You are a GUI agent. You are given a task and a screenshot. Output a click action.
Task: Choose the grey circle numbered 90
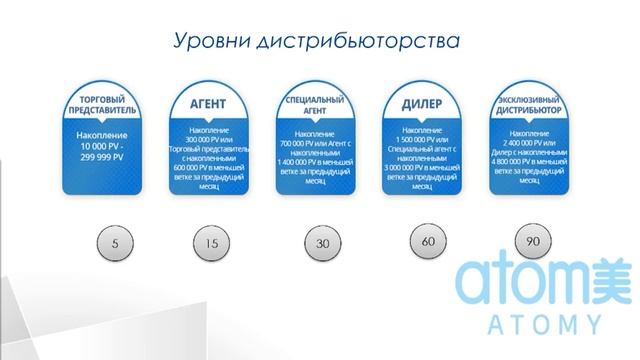point(532,241)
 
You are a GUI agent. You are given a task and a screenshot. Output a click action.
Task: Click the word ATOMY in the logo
point(531,324)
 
